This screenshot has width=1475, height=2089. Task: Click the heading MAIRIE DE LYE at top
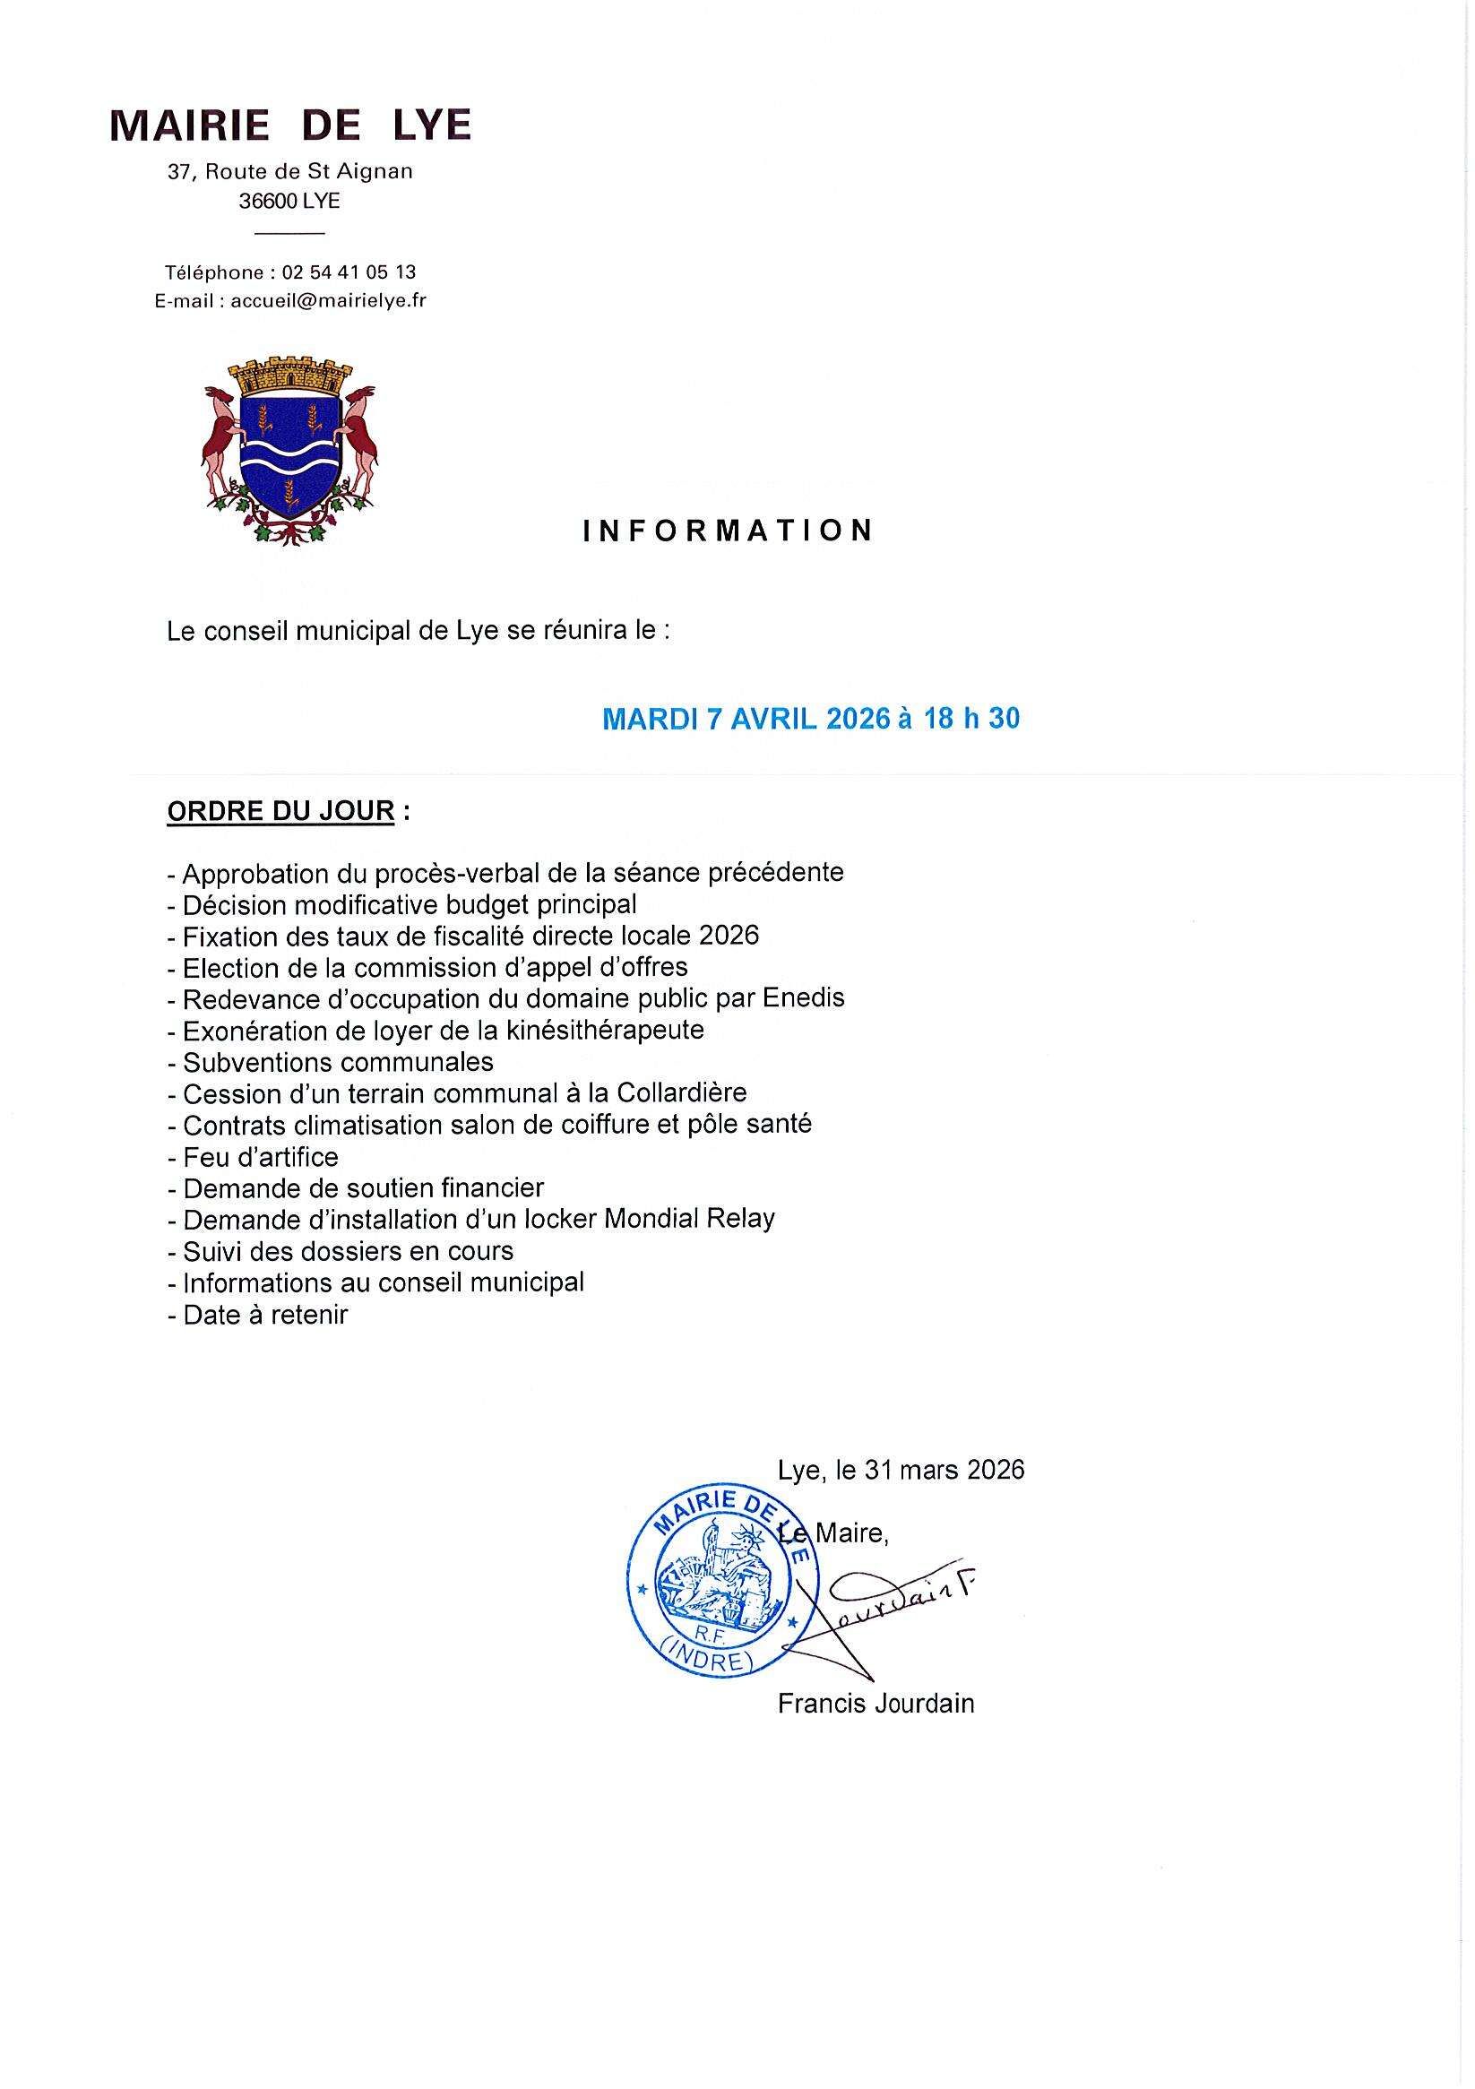(290, 126)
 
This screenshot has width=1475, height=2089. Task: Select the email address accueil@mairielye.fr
(329, 300)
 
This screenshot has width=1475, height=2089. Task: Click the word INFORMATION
(728, 531)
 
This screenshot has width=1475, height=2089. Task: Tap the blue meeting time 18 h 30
(971, 719)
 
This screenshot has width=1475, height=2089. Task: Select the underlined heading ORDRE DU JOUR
(280, 811)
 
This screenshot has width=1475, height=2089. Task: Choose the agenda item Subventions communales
(338, 1062)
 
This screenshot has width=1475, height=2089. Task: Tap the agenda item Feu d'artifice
(260, 1156)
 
